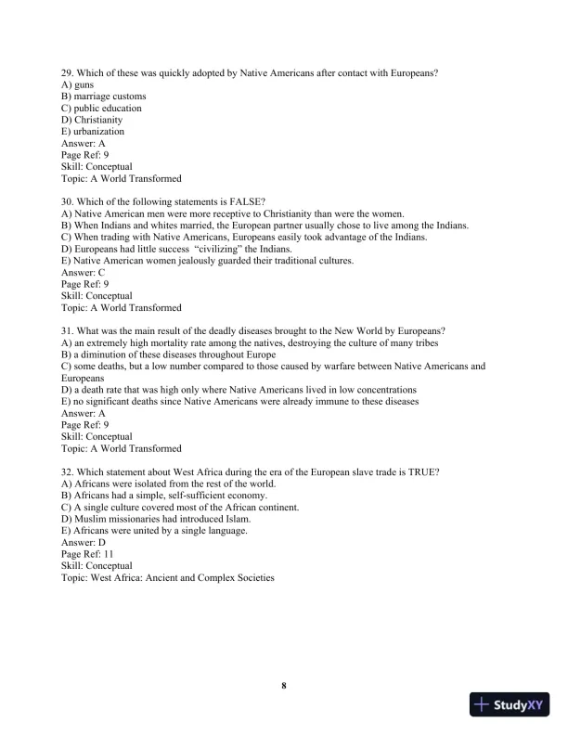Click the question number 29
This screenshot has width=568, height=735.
(x=68, y=72)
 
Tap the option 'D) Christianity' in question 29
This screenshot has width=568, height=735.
(x=92, y=120)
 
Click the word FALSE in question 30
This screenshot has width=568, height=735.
(x=249, y=202)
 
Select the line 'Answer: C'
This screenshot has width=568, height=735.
(x=84, y=273)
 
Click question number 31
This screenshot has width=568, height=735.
(x=68, y=331)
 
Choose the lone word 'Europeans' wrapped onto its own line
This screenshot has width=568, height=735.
(x=84, y=379)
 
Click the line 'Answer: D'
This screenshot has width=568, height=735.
(x=84, y=543)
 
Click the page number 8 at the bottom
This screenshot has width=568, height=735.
(x=284, y=686)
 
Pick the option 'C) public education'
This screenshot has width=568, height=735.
(x=100, y=108)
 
